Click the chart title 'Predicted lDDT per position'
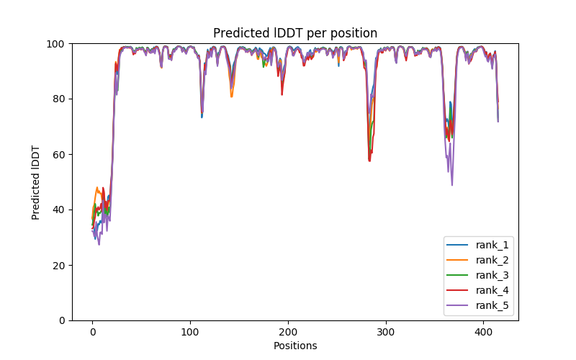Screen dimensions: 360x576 [x=294, y=33]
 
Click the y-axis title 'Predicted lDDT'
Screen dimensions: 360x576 [x=36, y=181]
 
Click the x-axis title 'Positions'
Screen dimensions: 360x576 [x=294, y=346]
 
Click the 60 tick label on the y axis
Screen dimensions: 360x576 [x=59, y=155]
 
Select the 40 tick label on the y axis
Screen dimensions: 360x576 [x=59, y=210]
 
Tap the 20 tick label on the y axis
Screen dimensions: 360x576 [x=59, y=266]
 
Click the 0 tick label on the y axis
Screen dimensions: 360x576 [x=62, y=320]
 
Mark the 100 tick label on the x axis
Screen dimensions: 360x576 [x=190, y=333]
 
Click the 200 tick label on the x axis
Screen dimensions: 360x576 [x=288, y=333]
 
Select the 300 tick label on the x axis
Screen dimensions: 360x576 [x=386, y=333]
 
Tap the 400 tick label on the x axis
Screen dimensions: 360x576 [x=484, y=333]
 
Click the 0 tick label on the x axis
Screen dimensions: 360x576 [x=92, y=333]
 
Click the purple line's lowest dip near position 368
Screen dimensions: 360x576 [x=452, y=184]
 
